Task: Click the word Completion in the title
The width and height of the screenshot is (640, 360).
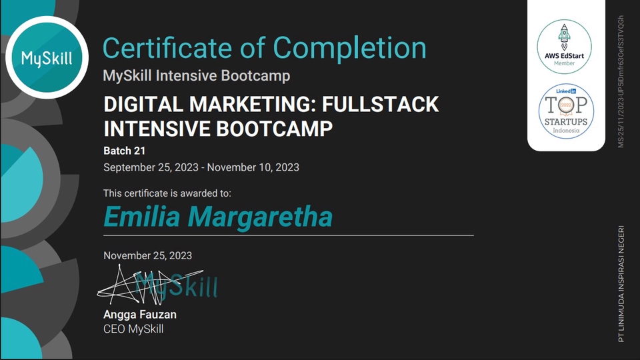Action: (350, 48)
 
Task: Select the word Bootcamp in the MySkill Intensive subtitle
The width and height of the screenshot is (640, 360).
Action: (258, 75)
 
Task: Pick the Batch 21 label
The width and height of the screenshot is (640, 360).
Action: (125, 150)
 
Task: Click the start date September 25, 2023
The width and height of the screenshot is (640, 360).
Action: (151, 167)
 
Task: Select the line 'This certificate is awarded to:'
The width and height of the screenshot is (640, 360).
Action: (167, 193)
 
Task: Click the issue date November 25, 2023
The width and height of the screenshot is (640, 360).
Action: (147, 255)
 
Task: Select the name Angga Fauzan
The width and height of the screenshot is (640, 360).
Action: (140, 314)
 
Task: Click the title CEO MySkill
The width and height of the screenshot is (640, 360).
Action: (133, 329)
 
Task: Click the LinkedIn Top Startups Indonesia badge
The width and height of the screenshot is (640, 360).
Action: (565, 111)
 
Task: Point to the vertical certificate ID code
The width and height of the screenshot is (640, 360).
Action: (621, 81)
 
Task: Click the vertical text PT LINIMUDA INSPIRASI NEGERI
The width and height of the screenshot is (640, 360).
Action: (621, 283)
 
